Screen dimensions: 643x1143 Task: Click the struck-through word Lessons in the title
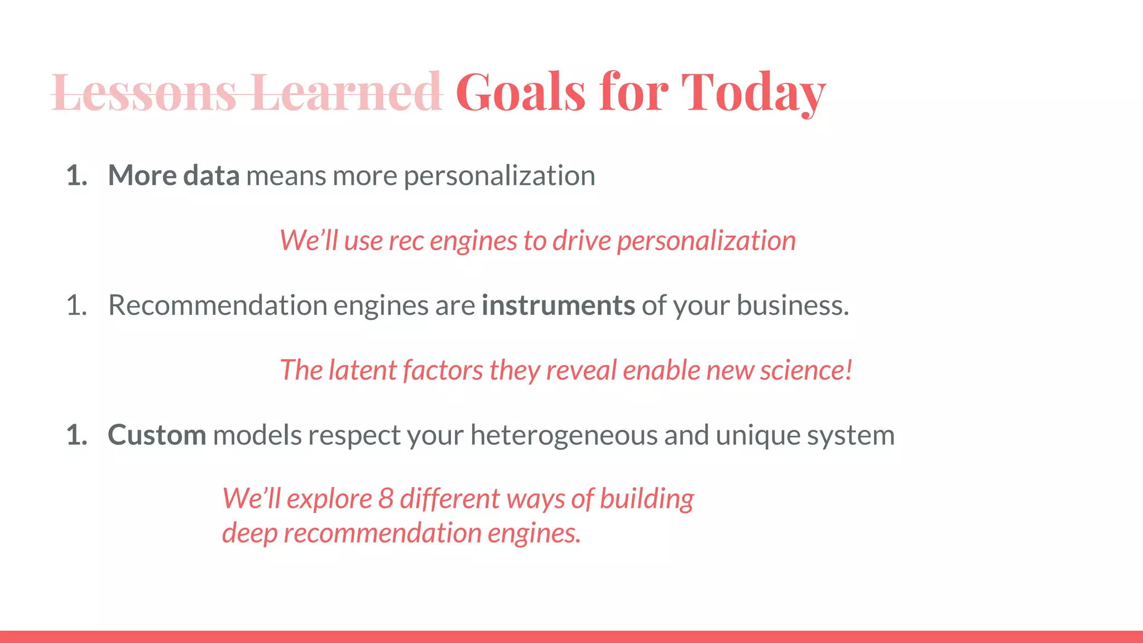(x=144, y=92)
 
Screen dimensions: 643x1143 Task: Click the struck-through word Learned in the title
(x=346, y=92)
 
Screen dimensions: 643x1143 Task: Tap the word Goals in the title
(x=521, y=92)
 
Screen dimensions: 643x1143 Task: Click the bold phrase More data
(x=174, y=175)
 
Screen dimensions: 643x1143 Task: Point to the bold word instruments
(x=558, y=305)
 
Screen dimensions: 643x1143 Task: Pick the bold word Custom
(x=157, y=435)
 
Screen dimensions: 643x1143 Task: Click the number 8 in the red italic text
(x=386, y=498)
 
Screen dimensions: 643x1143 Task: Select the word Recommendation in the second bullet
(x=218, y=305)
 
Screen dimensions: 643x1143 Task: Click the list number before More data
(x=76, y=176)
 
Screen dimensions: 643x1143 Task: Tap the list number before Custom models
(x=76, y=435)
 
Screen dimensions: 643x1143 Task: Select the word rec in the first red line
(x=406, y=241)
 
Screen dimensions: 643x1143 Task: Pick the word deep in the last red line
(x=249, y=533)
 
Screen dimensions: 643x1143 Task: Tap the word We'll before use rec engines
(x=309, y=241)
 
